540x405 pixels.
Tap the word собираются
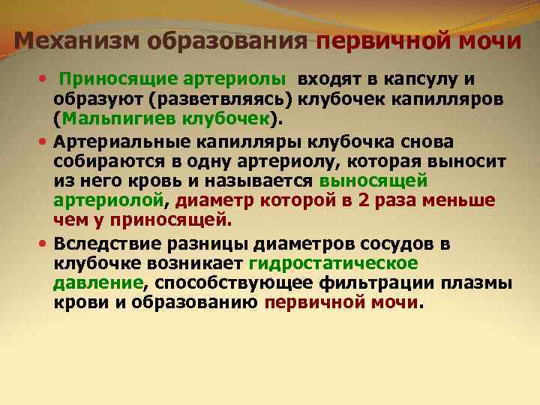pyautogui.click(x=108, y=162)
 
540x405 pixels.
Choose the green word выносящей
pyautogui.click(x=373, y=181)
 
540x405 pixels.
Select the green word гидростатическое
pyautogui.click(x=334, y=264)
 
